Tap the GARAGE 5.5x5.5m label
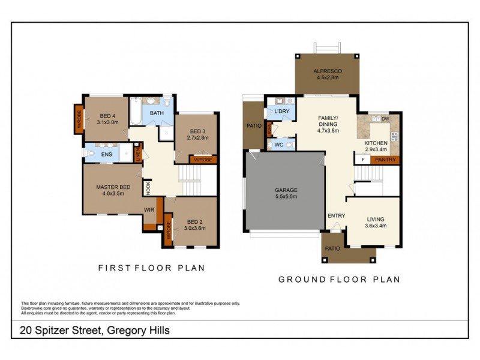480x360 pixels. click(286, 193)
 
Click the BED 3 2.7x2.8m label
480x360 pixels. click(197, 134)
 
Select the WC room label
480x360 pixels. click(278, 145)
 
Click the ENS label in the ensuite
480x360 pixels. click(106, 154)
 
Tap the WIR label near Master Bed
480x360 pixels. click(149, 209)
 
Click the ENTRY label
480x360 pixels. click(335, 215)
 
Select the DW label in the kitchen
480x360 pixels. click(385, 120)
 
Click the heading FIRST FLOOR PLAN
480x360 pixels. click(151, 268)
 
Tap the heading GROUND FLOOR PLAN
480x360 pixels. click(339, 279)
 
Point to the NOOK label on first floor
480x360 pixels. click(147, 188)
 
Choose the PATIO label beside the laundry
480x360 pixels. click(253, 126)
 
